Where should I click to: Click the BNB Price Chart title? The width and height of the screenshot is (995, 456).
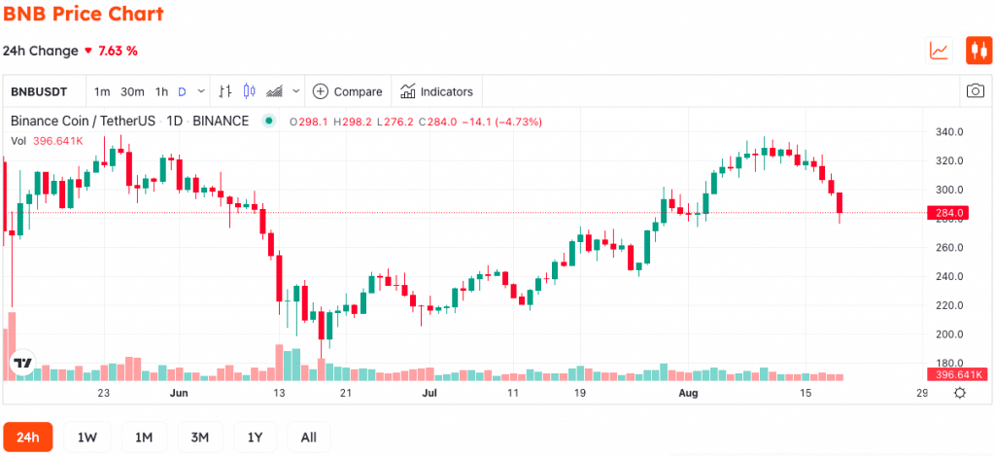coord(84,14)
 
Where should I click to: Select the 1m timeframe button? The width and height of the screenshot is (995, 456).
coord(101,91)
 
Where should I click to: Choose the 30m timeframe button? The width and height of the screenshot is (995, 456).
coord(132,91)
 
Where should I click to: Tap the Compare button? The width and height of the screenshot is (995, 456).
coord(348,91)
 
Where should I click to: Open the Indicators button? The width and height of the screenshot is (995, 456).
coord(436,91)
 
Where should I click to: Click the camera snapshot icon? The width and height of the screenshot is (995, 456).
coord(975,90)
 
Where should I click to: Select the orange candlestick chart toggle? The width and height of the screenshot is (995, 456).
coord(978,51)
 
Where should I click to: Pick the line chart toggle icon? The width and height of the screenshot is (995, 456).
coord(940,51)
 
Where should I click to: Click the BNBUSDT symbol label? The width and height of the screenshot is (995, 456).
coord(39,91)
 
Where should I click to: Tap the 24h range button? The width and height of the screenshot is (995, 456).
coord(28,437)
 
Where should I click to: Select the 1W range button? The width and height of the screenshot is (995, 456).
coord(86,437)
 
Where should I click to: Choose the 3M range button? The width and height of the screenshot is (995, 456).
coord(200,437)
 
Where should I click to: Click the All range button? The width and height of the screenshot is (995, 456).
coord(308,437)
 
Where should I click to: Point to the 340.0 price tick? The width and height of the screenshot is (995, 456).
coord(950,132)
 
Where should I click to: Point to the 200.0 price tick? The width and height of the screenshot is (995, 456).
coord(950,334)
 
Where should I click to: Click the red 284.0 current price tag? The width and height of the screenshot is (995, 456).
coord(948,213)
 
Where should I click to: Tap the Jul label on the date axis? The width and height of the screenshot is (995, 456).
coord(430,393)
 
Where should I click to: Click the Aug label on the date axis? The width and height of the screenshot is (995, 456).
coord(688,393)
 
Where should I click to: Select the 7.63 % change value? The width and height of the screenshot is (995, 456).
coord(118,51)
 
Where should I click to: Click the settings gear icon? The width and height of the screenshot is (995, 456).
coord(960,393)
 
